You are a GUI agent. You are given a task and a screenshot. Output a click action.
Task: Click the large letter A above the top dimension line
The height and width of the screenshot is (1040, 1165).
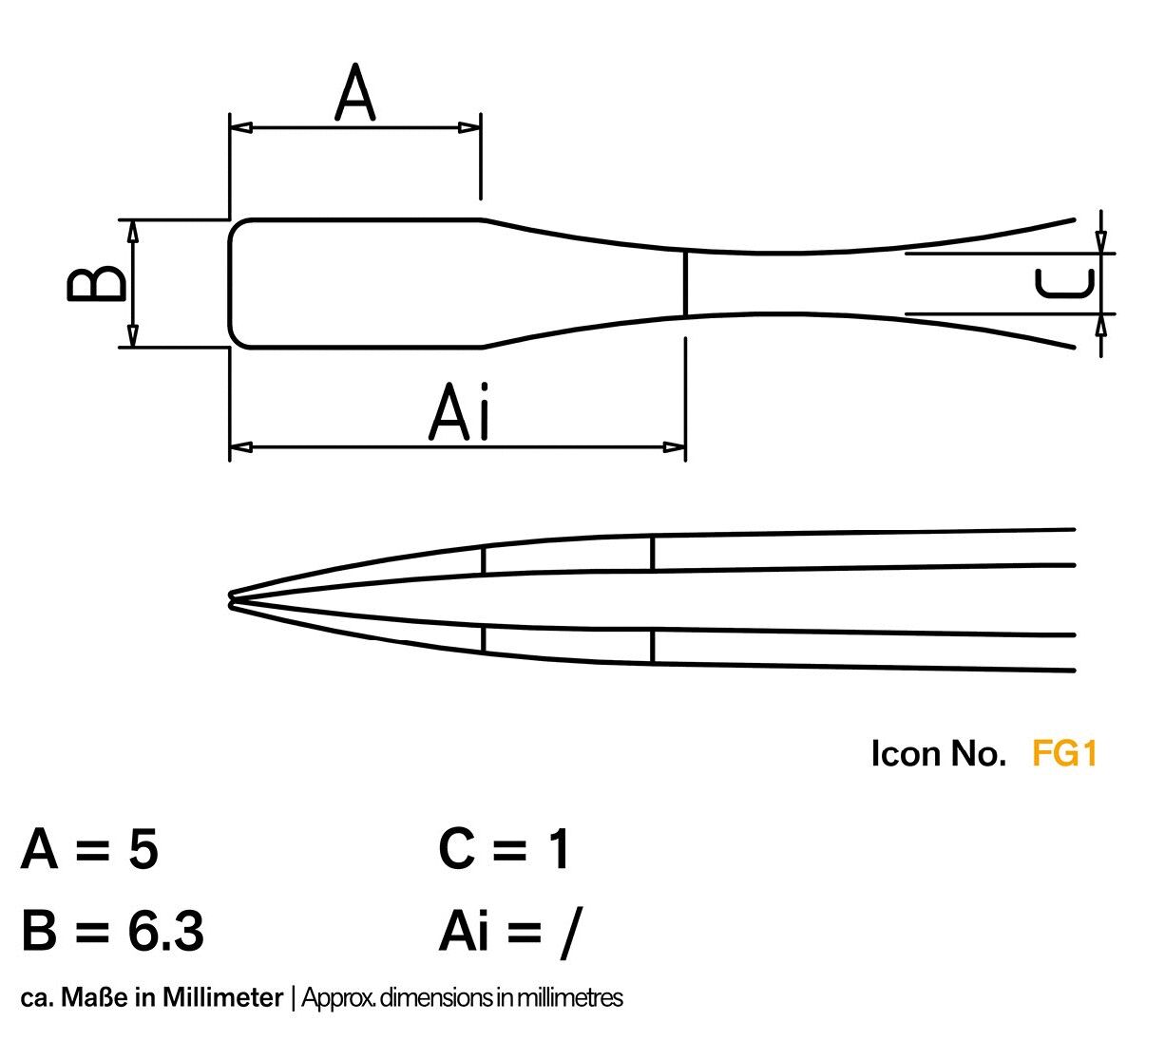354,92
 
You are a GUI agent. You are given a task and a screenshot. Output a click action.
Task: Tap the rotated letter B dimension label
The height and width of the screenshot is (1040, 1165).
96,283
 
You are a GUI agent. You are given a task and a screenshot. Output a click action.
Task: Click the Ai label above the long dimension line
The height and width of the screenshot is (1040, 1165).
458,411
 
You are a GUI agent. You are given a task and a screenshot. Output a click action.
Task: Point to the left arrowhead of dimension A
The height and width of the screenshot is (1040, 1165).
241,127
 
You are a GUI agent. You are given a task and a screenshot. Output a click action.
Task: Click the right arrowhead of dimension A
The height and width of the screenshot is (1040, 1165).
469,127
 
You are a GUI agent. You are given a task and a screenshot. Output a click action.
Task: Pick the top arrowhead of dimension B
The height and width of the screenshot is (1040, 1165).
132,231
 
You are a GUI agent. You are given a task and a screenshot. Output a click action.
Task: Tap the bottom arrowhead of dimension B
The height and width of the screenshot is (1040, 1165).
132,336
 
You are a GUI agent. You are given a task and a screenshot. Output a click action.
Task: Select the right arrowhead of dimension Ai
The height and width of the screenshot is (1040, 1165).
674,447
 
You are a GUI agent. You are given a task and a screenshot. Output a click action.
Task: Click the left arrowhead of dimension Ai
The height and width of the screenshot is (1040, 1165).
241,447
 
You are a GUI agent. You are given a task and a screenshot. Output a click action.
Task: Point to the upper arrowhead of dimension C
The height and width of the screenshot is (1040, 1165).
1100,242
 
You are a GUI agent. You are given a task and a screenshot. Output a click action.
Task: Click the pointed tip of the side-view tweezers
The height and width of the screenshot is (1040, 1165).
230,599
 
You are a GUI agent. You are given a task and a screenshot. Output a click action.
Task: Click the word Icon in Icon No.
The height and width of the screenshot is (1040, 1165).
906,752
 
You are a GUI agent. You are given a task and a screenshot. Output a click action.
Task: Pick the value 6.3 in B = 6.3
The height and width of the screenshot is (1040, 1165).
165,931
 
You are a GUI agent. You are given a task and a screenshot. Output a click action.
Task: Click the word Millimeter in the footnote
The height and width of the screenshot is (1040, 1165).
223,997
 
